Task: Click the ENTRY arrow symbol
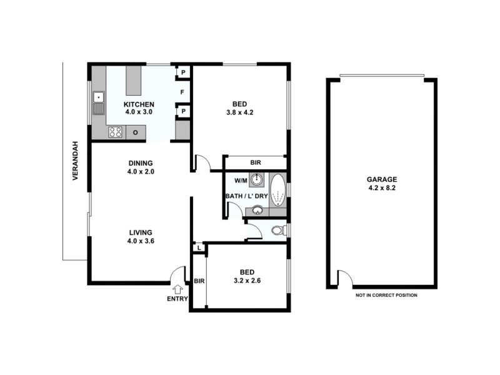[178, 289]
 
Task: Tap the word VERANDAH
[74, 161]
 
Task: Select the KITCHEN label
[139, 104]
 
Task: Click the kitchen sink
[99, 103]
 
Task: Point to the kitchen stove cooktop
[116, 132]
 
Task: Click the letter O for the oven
[135, 132]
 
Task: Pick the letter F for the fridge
[182, 92]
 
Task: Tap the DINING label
[140, 164]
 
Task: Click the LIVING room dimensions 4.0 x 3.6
[140, 241]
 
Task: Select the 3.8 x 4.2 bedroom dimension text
[239, 112]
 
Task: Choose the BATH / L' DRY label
[246, 196]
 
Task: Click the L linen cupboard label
[198, 248]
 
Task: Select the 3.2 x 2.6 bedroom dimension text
[247, 281]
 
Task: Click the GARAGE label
[381, 180]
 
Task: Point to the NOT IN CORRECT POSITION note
[386, 295]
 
